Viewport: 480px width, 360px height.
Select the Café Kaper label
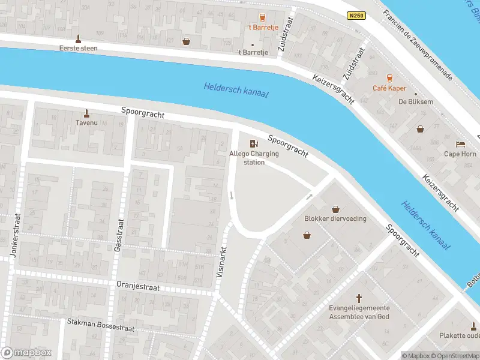click(x=389, y=88)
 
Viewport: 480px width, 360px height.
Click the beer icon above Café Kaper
click(x=389, y=77)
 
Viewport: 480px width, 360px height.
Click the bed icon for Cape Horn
click(x=460, y=144)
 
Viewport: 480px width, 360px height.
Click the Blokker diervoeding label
click(x=335, y=218)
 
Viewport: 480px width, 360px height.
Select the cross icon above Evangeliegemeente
click(x=359, y=298)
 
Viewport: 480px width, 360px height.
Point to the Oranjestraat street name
click(x=138, y=287)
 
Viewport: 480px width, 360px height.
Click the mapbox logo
click(x=26, y=353)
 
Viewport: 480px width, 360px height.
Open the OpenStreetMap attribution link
click(x=457, y=356)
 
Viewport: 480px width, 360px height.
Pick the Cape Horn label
click(x=460, y=154)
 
